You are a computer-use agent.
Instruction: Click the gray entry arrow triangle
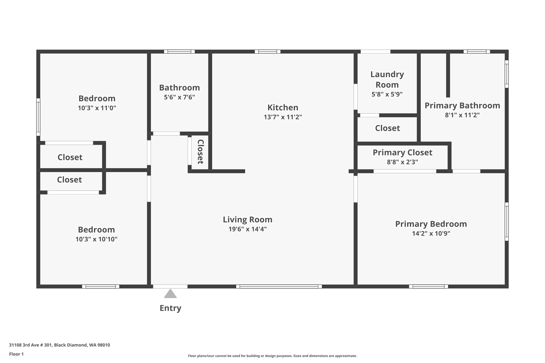coord(170,294)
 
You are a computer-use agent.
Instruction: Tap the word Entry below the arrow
coord(170,308)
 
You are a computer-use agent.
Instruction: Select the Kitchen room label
coord(283,107)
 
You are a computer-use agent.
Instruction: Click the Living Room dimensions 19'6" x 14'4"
coord(247,229)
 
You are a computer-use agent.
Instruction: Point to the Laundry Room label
coord(387,79)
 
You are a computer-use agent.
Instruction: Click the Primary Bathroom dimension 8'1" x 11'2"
coord(462,115)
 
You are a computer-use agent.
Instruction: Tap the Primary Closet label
coord(402,152)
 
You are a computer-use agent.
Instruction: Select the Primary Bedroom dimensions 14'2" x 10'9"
coord(431,233)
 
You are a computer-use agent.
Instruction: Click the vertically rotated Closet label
coord(200,152)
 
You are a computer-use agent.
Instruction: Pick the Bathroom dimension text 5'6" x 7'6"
coord(179,97)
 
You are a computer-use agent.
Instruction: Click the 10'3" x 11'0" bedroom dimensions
coord(97,108)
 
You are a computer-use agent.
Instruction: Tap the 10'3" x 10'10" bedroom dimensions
coord(96,239)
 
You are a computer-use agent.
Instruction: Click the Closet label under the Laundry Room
coord(387,128)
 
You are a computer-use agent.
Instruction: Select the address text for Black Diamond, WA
coord(59,345)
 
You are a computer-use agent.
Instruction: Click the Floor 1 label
coord(16,354)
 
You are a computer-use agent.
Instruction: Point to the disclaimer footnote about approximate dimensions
coord(272,356)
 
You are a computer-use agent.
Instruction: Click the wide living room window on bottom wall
coord(279,286)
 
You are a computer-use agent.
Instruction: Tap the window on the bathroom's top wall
coord(179,52)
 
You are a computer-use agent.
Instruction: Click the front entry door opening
coord(170,286)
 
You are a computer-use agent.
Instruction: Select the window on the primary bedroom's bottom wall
coord(428,286)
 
